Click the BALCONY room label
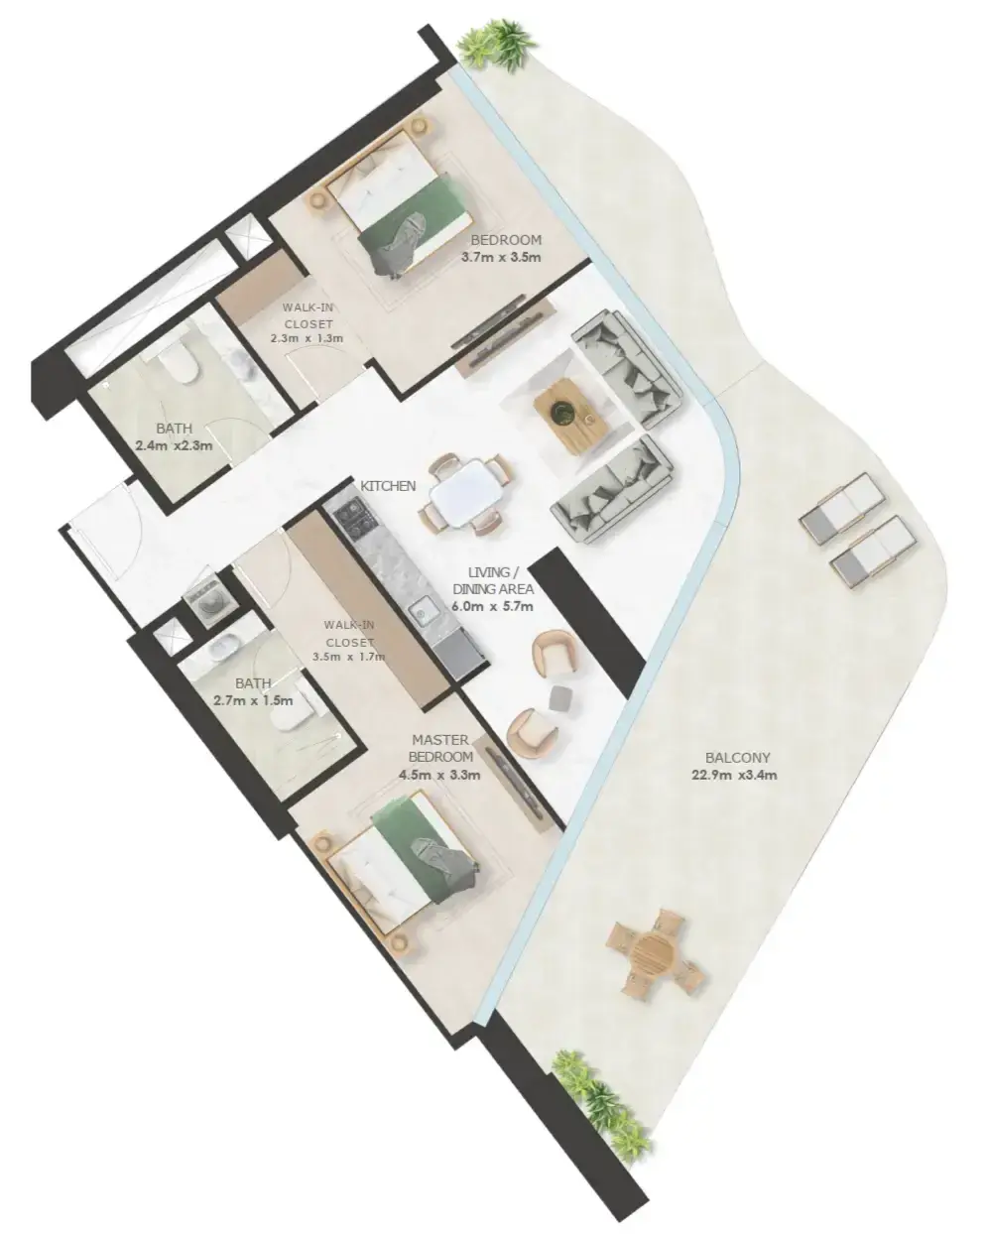pyautogui.click(x=737, y=758)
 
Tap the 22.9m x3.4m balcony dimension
pyautogui.click(x=735, y=776)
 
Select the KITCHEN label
pyautogui.click(x=388, y=486)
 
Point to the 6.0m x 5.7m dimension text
pyautogui.click(x=493, y=606)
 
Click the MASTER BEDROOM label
pyautogui.click(x=440, y=748)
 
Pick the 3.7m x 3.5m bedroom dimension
pyautogui.click(x=501, y=257)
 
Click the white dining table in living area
pyautogui.click(x=467, y=492)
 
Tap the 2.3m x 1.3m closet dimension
pyautogui.click(x=307, y=337)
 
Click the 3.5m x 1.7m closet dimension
pyautogui.click(x=349, y=657)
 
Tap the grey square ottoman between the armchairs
pyautogui.click(x=559, y=697)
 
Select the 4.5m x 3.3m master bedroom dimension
pyautogui.click(x=439, y=776)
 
